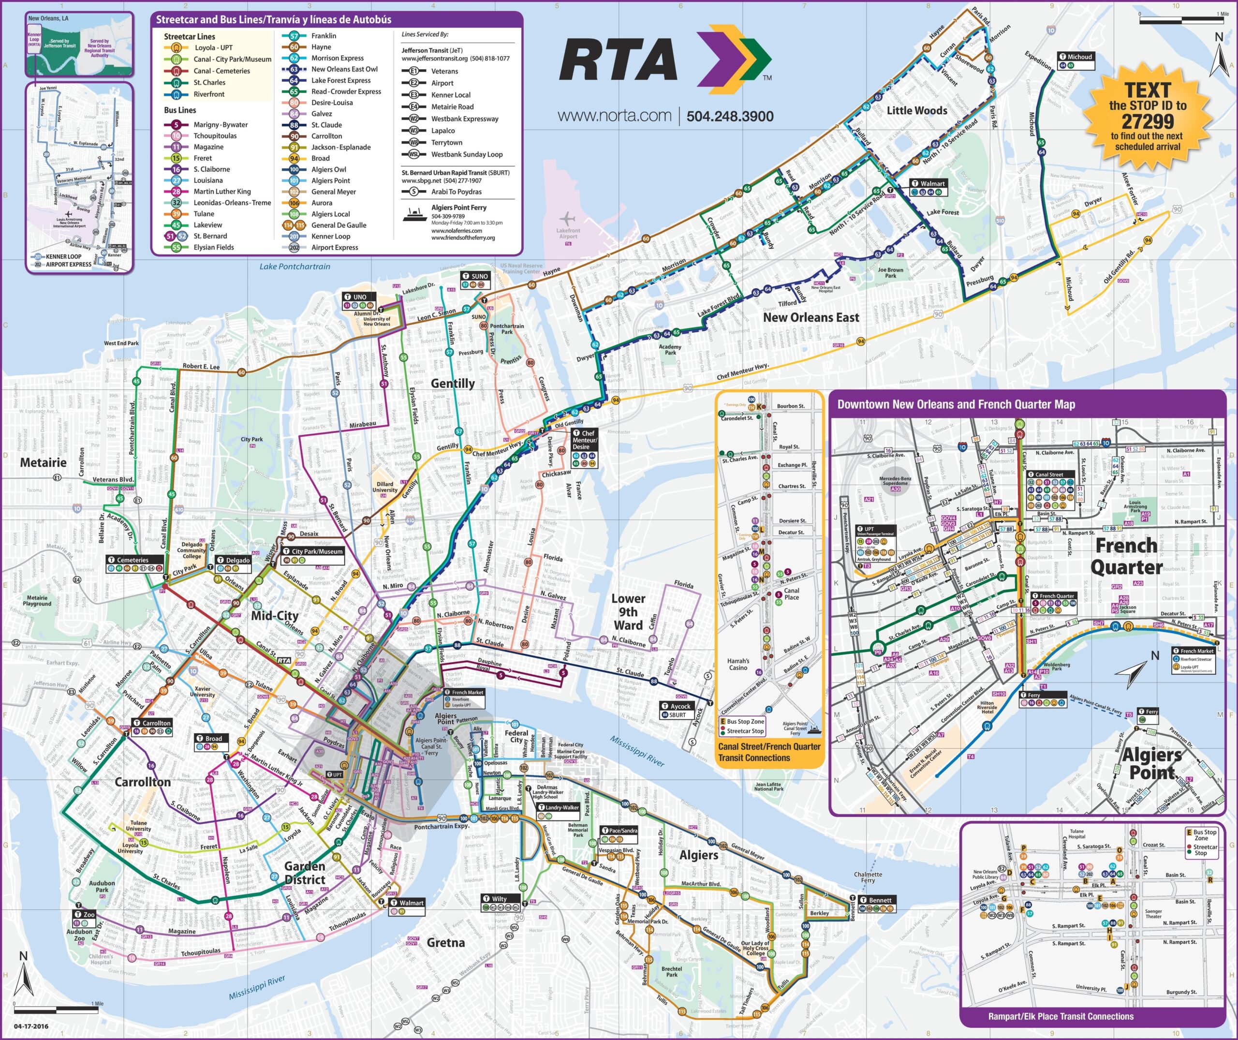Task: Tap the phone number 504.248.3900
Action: tap(730, 116)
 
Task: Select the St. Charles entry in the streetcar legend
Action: tap(209, 83)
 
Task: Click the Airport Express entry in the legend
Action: tap(334, 247)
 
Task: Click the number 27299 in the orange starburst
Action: tap(1147, 121)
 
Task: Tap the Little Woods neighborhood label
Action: tap(917, 110)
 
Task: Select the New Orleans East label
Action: tap(811, 317)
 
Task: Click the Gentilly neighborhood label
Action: tap(452, 383)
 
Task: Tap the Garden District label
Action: tap(305, 873)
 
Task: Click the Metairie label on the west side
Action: tap(43, 462)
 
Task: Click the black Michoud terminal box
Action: tap(1076, 57)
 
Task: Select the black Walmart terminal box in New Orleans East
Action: tap(928, 183)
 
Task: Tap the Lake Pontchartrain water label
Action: tap(295, 267)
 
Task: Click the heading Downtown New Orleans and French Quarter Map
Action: tap(956, 404)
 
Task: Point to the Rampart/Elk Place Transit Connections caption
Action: tap(1061, 1016)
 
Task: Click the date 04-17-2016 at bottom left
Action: tap(31, 1026)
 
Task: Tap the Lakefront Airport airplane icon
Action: tap(567, 218)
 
